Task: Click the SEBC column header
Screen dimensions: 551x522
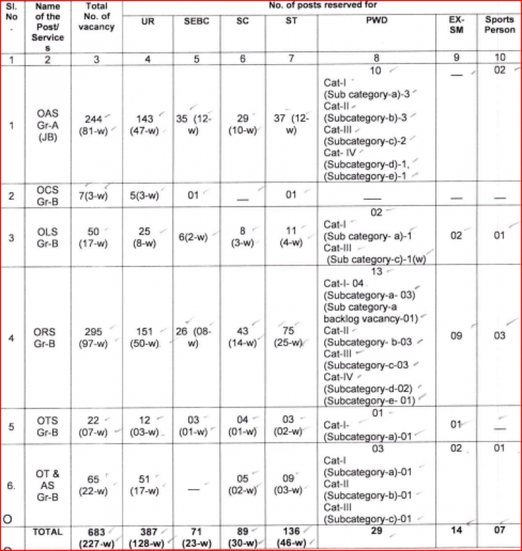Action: click(197, 21)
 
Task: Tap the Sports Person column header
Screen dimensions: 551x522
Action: click(500, 25)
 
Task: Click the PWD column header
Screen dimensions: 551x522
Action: click(377, 21)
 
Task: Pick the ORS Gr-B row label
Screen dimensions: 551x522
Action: click(47, 335)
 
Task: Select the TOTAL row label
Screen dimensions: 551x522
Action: click(47, 532)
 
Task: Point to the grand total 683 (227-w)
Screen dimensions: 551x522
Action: click(96, 537)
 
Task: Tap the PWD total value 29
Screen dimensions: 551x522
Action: click(377, 532)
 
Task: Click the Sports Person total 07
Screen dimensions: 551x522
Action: click(500, 531)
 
